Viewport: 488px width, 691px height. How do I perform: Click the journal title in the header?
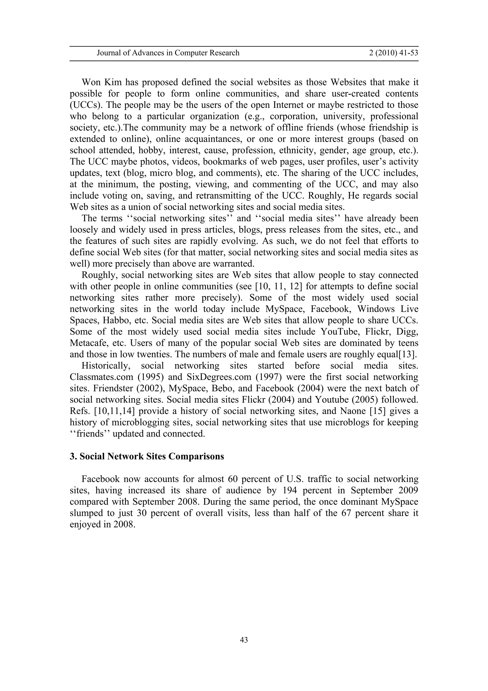(168, 53)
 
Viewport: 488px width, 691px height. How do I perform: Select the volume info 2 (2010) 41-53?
(393, 53)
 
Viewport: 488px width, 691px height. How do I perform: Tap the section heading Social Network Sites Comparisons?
(147, 457)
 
